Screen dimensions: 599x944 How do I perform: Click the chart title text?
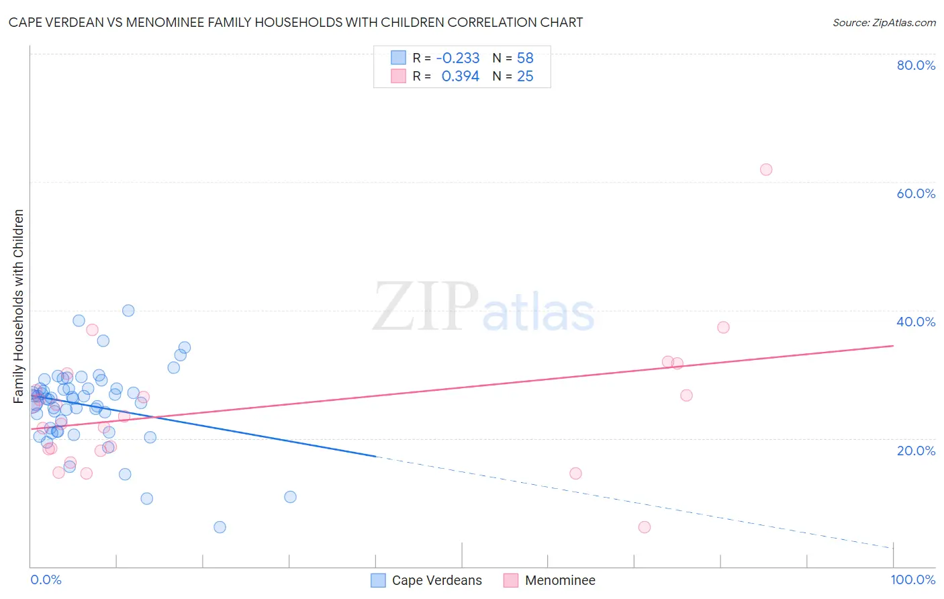(295, 22)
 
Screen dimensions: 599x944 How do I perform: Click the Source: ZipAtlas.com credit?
(884, 22)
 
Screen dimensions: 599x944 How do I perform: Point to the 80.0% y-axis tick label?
(916, 65)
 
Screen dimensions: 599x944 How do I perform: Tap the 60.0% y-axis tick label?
(916, 193)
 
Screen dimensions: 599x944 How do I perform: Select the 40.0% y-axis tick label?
(916, 322)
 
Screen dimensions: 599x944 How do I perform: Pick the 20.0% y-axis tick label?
(916, 451)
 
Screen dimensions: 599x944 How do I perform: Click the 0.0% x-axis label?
(46, 580)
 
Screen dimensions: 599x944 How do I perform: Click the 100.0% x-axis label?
(913, 580)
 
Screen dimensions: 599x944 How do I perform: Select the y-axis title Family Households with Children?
(19, 306)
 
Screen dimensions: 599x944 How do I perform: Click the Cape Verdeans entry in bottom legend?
(436, 580)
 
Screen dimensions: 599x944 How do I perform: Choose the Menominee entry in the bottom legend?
(560, 580)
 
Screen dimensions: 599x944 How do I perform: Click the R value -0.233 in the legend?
(458, 58)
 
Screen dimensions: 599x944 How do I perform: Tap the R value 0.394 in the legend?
(461, 77)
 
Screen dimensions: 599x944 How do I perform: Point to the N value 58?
(525, 58)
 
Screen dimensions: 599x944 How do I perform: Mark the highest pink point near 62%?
(766, 169)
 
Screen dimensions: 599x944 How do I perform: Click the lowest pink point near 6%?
(645, 527)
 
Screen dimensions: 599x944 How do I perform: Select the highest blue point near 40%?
(128, 310)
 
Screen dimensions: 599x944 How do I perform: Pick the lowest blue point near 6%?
(220, 527)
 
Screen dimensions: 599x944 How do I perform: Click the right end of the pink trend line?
(893, 346)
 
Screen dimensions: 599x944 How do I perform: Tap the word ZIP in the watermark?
(426, 307)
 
